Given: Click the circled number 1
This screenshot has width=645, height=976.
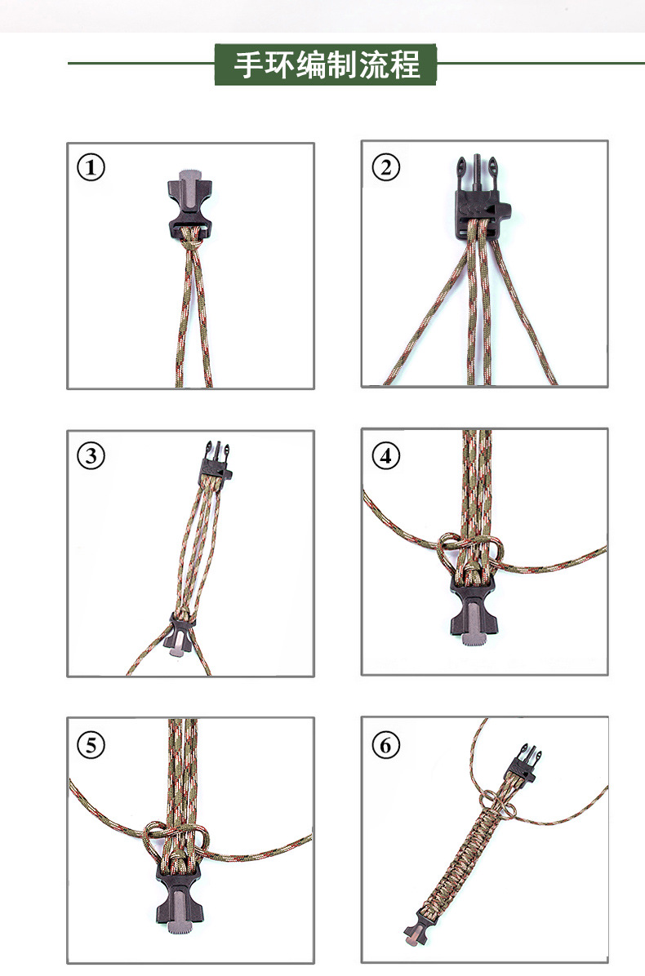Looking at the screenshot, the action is point(91,167).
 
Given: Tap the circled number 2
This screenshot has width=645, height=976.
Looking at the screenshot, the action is point(386,167).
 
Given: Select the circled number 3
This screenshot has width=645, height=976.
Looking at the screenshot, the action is point(91,455).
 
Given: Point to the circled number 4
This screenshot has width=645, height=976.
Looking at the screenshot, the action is point(386,455).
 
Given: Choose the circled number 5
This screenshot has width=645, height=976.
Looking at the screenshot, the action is point(91,744).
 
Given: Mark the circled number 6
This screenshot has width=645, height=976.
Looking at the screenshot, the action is point(386,744).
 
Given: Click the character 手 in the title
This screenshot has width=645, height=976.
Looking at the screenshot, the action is point(248,64).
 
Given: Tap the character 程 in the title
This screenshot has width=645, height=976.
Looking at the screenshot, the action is point(405,64).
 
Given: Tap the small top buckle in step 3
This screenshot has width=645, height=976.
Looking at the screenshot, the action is point(216,462).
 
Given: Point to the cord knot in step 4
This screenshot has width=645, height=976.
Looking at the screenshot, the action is point(471,552).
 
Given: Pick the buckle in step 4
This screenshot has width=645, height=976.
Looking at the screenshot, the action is point(473,611).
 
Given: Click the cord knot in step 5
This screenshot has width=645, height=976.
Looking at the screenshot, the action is point(177,841).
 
